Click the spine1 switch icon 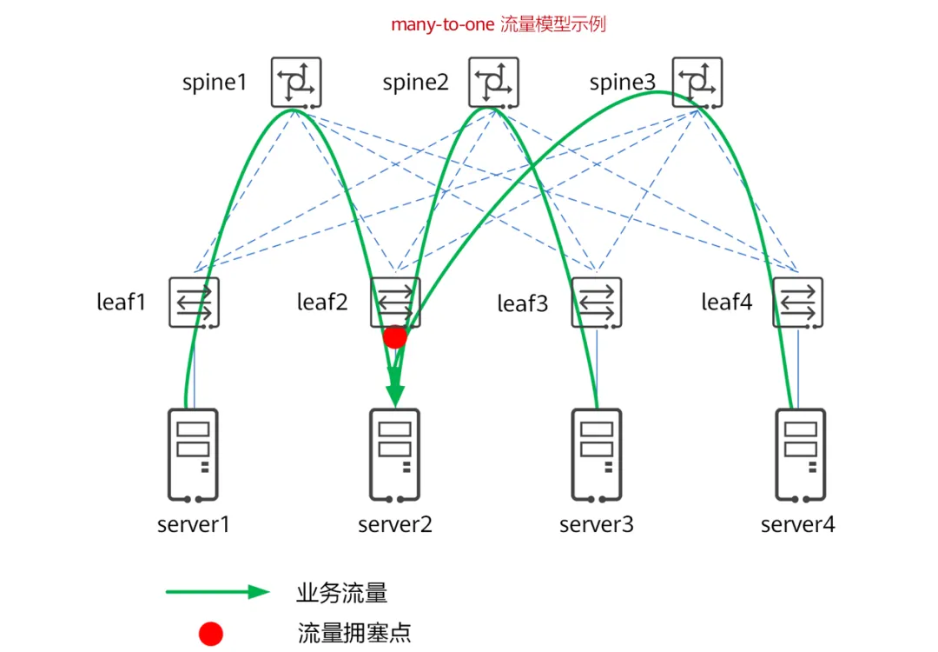(296, 83)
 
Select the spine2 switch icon (493, 83)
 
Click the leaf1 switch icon (194, 303)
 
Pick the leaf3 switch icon (597, 303)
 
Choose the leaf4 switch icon (797, 303)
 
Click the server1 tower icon (193, 456)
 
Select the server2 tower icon (395, 456)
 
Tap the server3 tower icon (597, 456)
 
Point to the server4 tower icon (800, 456)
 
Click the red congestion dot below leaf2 (395, 337)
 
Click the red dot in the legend (211, 634)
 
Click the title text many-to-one (443, 24)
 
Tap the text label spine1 (215, 83)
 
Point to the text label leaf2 (322, 303)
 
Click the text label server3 (597, 525)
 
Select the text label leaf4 (727, 303)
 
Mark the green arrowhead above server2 (395, 391)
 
